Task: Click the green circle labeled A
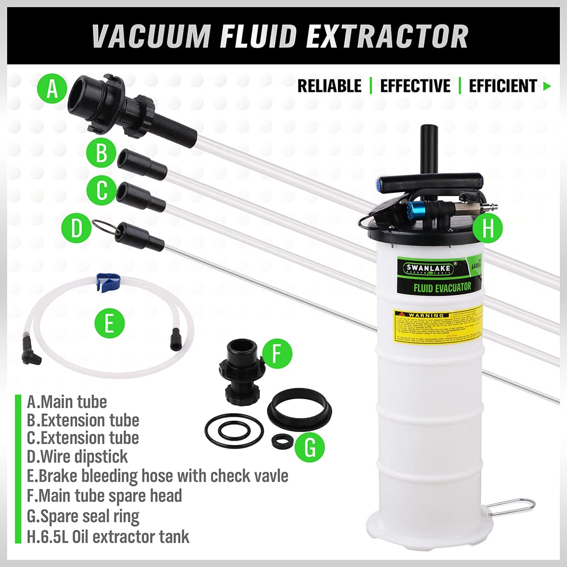[x=52, y=90]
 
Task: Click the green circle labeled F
[x=276, y=354]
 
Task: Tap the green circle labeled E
[x=109, y=325]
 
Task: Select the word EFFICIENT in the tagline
[x=502, y=86]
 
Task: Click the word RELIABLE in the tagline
[x=329, y=86]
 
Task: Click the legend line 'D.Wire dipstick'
[x=77, y=456]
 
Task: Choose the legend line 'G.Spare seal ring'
[x=83, y=516]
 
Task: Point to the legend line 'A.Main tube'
[x=67, y=402]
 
